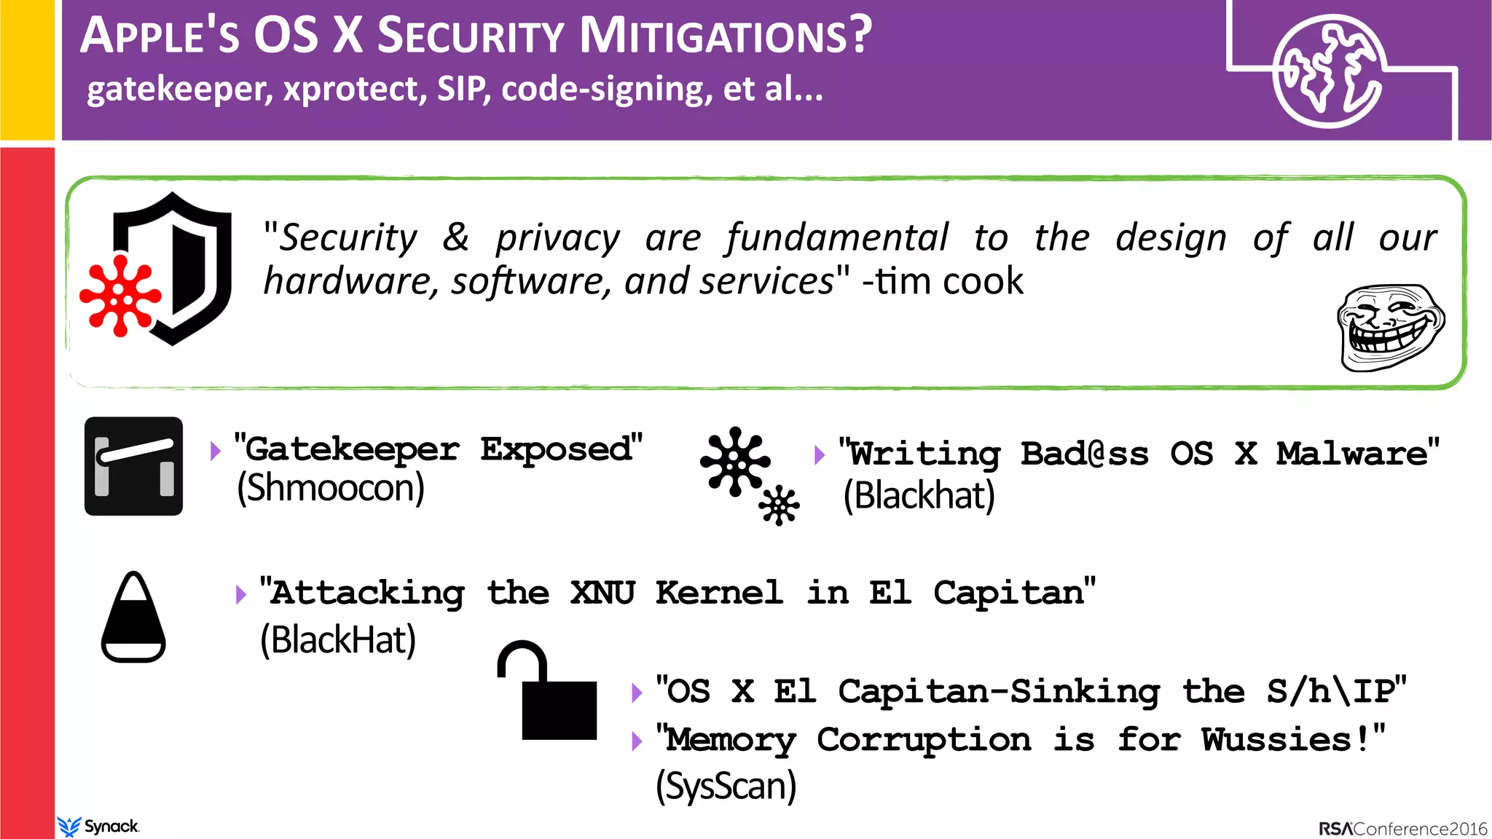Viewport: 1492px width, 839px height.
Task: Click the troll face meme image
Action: point(1390,328)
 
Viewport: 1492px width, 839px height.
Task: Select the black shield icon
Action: point(175,267)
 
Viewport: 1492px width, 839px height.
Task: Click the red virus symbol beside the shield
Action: point(120,295)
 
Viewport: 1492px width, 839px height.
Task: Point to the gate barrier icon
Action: point(133,466)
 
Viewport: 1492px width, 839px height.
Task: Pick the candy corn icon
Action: point(133,618)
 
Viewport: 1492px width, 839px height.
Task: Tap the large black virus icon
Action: point(734,461)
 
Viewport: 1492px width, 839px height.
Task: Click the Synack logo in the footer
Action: point(98,827)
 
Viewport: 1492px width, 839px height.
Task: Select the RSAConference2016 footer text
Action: point(1402,829)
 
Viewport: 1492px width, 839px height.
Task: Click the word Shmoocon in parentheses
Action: point(331,488)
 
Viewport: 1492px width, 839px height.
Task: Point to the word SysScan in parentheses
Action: point(726,787)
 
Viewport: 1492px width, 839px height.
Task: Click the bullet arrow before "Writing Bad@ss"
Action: point(820,455)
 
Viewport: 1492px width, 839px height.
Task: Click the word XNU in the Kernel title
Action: point(602,593)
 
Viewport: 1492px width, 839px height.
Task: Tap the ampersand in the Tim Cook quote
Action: point(456,237)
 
